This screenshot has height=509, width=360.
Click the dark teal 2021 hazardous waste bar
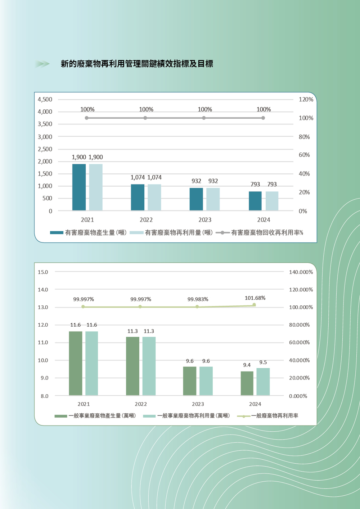pyautogui.click(x=79, y=187)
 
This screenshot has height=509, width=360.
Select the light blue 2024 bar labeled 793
pyautogui.click(x=272, y=201)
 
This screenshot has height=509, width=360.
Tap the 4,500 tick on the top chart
pyautogui.click(x=45, y=99)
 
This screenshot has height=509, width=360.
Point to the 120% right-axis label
pyautogui.click(x=306, y=99)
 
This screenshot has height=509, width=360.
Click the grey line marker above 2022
pyautogui.click(x=145, y=118)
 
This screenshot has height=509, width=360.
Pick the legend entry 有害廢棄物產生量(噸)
pyautogui.click(x=88, y=233)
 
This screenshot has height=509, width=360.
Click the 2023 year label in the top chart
pyautogui.click(x=205, y=220)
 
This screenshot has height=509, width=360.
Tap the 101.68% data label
pyautogui.click(x=255, y=298)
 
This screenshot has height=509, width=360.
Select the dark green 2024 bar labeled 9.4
pyautogui.click(x=247, y=383)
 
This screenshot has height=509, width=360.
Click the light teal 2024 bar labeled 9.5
pyautogui.click(x=263, y=382)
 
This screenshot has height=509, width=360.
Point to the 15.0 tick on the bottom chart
pyautogui.click(x=43, y=272)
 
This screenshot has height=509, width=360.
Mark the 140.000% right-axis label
pyautogui.click(x=301, y=272)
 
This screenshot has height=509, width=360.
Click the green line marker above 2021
pyautogui.click(x=83, y=307)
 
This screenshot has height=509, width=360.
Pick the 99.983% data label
pyautogui.click(x=198, y=299)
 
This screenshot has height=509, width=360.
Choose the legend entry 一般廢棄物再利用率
pyautogui.click(x=268, y=416)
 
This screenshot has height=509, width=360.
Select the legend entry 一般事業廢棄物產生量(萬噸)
pyautogui.click(x=95, y=416)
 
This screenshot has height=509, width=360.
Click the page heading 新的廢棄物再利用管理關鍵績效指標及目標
pyautogui.click(x=137, y=64)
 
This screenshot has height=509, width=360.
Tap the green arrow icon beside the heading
pyautogui.click(x=42, y=64)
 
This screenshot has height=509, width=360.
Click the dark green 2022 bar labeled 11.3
pyautogui.click(x=132, y=366)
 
